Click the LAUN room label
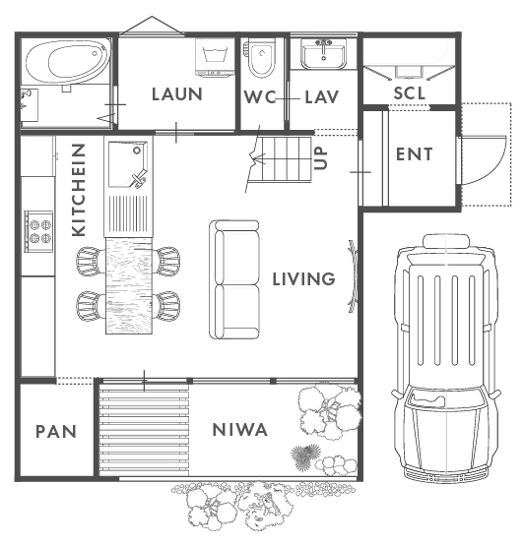[x=177, y=94]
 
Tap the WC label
[x=260, y=97]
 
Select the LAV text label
[x=322, y=97]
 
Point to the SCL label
[x=410, y=93]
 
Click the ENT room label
[x=415, y=154]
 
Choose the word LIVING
[x=303, y=279]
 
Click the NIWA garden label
[x=240, y=430]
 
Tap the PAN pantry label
[x=56, y=432]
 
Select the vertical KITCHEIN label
[x=79, y=190]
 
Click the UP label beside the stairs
[x=320, y=158]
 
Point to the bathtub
[x=66, y=63]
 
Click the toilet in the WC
[x=260, y=57]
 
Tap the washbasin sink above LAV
[x=324, y=54]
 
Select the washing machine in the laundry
[x=215, y=57]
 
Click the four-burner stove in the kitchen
[x=38, y=231]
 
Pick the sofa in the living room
[x=234, y=279]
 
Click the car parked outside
[x=446, y=357]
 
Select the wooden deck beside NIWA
[x=144, y=430]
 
